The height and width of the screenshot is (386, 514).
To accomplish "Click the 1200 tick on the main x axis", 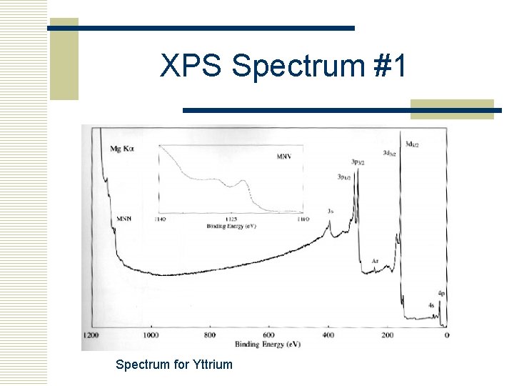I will (x=90, y=335).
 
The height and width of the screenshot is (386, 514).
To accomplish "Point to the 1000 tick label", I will (x=151, y=335).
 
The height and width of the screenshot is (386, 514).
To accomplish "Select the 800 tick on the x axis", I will (x=209, y=335).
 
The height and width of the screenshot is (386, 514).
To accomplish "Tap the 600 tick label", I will (x=268, y=335).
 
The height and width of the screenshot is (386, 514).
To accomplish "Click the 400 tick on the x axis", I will (x=328, y=335).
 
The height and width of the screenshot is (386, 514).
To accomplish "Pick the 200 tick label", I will (x=387, y=335).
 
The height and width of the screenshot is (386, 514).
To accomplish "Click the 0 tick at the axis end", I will (x=447, y=335).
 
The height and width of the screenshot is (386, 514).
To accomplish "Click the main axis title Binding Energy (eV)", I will (x=267, y=344).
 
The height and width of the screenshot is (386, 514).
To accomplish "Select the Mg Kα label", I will (x=122, y=149).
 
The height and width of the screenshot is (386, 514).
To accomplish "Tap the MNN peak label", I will (x=124, y=218).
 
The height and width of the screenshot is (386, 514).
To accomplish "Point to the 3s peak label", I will (x=330, y=211).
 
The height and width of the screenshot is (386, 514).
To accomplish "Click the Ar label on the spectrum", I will (x=375, y=262).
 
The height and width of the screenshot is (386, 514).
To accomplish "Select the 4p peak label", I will (x=442, y=294).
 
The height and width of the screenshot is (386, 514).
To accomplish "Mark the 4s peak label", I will (x=431, y=305).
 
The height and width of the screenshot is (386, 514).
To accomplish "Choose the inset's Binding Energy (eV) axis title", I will (x=230, y=226).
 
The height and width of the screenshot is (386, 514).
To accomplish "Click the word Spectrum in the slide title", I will (x=298, y=66).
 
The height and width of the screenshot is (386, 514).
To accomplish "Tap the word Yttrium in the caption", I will (x=213, y=365).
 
